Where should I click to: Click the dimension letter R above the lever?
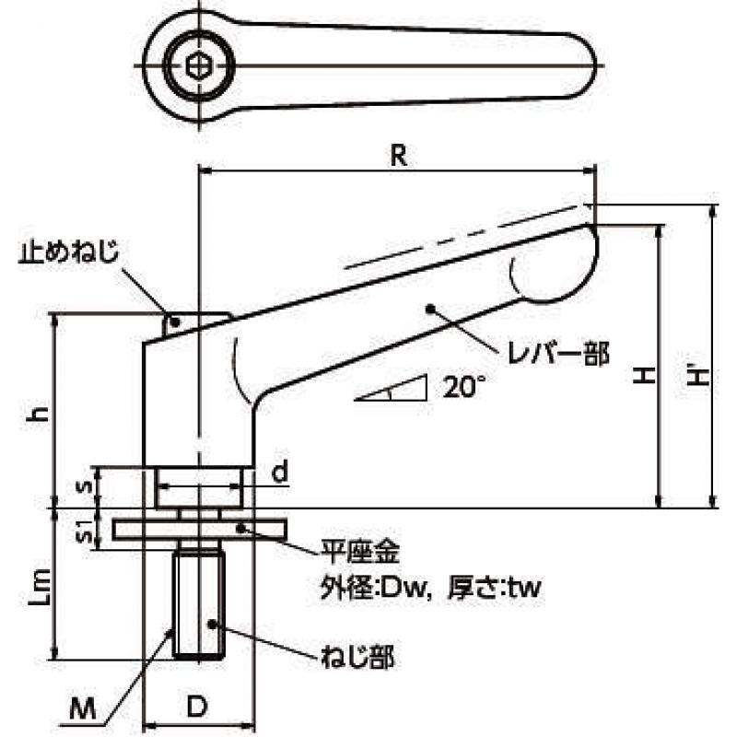399,156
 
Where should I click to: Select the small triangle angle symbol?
391,388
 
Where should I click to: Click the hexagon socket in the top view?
198,65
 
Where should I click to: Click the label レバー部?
558,354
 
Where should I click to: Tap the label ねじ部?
357,657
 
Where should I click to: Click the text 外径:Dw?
376,587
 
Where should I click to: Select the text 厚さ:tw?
495,587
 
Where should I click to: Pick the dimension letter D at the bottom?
197,707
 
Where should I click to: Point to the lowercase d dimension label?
280,472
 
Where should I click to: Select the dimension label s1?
85,530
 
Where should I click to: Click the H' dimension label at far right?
697,377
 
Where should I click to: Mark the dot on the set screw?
174,322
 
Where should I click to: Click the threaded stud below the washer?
199,605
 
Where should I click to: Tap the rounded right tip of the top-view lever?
596,65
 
